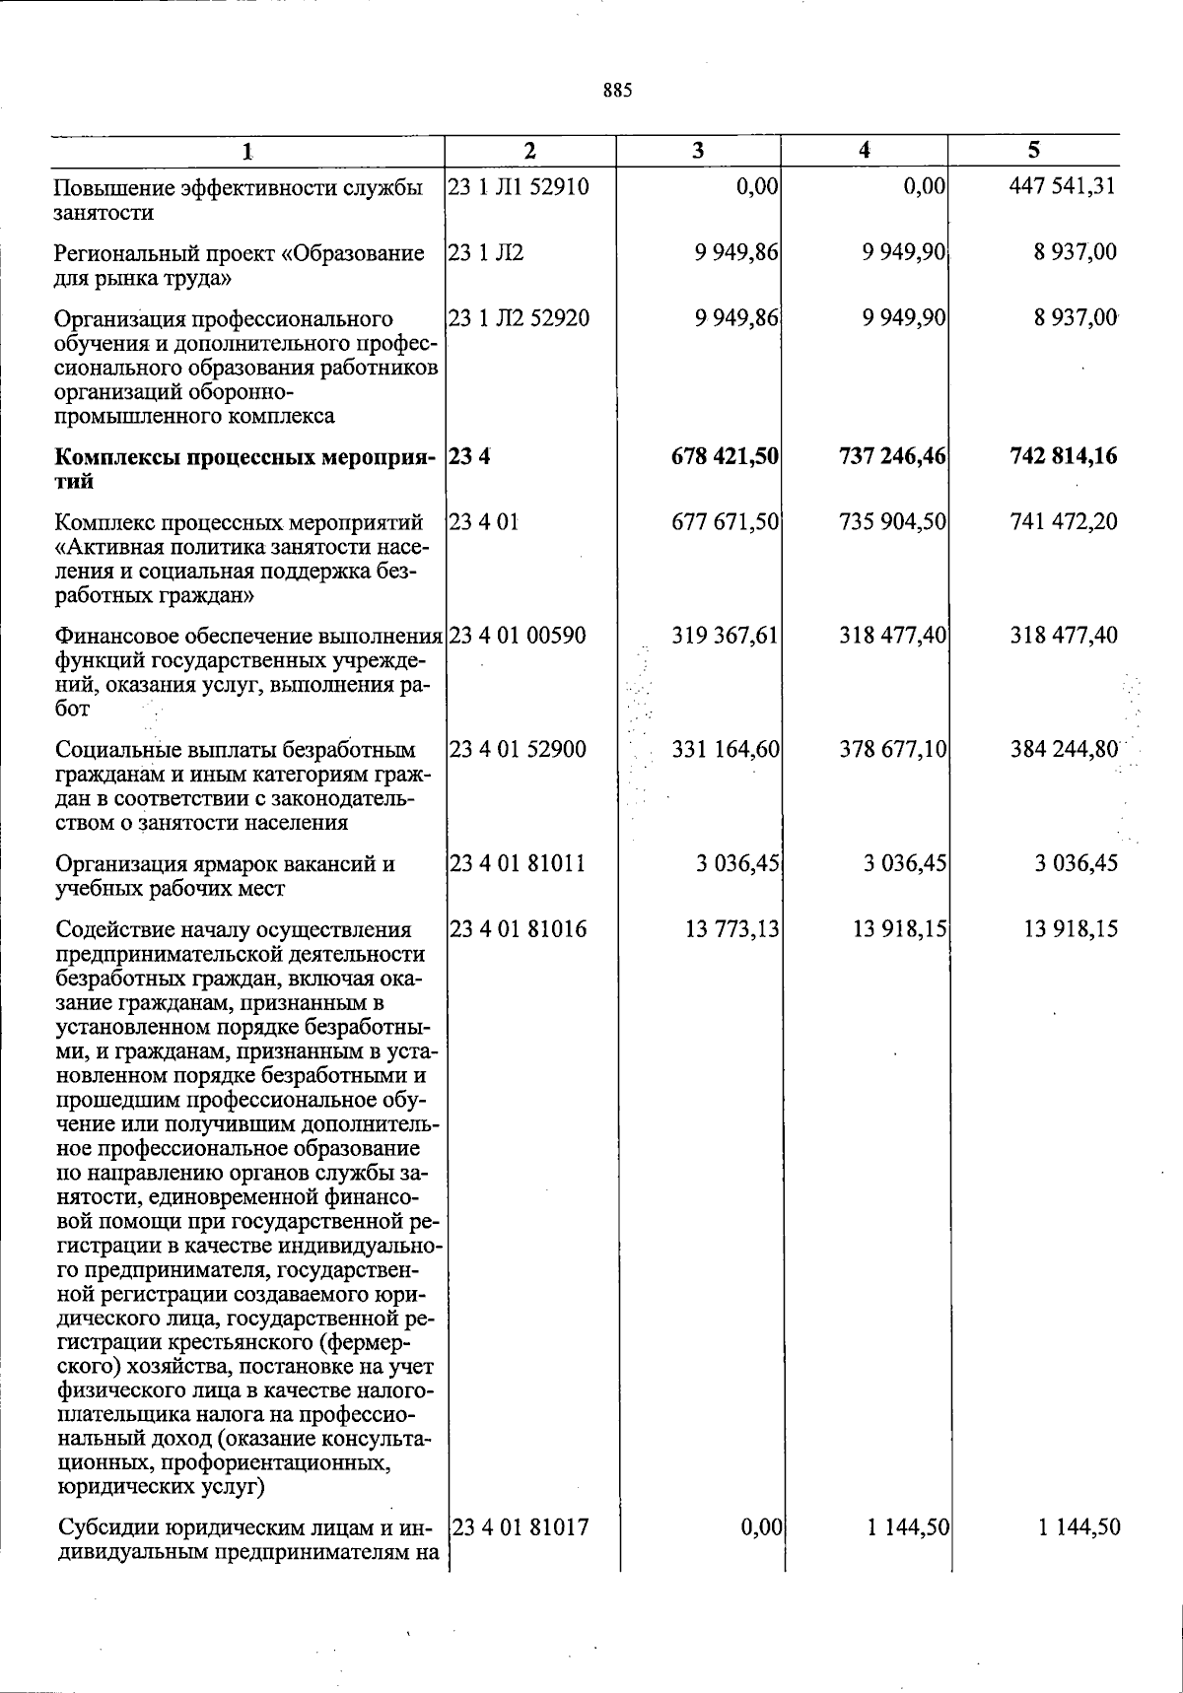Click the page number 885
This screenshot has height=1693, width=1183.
click(617, 92)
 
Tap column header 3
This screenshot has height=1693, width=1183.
click(698, 151)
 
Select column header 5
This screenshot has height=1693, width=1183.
click(1033, 150)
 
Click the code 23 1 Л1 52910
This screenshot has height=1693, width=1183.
click(519, 186)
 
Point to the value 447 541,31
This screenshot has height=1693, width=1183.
click(1063, 186)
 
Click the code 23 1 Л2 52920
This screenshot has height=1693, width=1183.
click(519, 318)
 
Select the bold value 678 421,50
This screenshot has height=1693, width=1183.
click(725, 456)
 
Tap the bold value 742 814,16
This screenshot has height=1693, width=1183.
click(1063, 456)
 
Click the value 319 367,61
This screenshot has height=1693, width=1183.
click(726, 636)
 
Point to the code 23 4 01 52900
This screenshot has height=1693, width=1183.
click(518, 750)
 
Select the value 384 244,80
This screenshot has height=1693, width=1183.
click(1064, 750)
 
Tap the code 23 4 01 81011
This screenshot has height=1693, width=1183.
click(518, 864)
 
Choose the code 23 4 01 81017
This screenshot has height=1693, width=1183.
click(522, 1528)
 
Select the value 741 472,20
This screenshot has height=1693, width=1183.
click(1064, 521)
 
